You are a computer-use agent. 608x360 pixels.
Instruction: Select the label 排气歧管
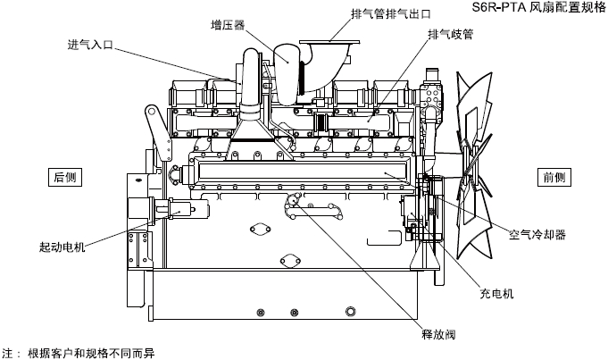(451, 35)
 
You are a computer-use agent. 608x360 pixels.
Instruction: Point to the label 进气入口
(89, 44)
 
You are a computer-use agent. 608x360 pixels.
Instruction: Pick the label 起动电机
(62, 247)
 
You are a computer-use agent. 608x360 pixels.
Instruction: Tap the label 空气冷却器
(537, 236)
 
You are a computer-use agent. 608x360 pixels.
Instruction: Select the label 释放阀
(438, 335)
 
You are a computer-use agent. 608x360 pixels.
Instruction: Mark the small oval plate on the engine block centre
(261, 229)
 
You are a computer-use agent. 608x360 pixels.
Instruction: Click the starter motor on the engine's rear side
(179, 210)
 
